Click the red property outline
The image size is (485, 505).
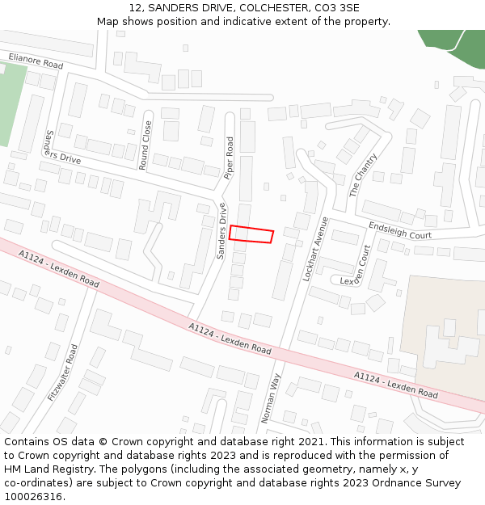251,234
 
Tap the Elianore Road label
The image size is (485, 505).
36,61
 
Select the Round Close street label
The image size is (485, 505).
145,145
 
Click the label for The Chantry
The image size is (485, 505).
363,175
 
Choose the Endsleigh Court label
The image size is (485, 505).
400,231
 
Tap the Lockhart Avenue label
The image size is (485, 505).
314,248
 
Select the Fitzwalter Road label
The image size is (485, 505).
63,372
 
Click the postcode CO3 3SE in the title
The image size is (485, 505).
338,8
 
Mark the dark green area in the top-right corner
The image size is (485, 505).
458,46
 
